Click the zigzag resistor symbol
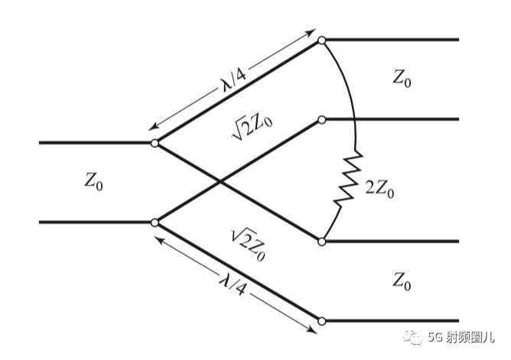pos(348,178)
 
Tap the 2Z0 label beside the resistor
pos(379,189)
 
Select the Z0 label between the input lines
pos(93,181)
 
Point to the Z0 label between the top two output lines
pos(402,79)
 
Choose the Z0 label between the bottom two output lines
pos(402,281)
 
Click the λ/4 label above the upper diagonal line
pos(233,80)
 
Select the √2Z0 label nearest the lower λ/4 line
pos(249,245)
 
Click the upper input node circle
pos(155,143)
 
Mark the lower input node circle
pos(155,222)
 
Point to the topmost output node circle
pos(321,41)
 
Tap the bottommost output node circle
pos(321,321)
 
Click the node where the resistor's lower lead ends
pos(321,242)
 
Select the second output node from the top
pos(321,120)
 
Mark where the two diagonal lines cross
pos(220,183)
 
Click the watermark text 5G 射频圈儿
pos(461,338)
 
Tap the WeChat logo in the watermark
pos(412,337)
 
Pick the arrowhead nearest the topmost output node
pos(311,32)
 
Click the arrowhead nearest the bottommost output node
pos(311,330)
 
